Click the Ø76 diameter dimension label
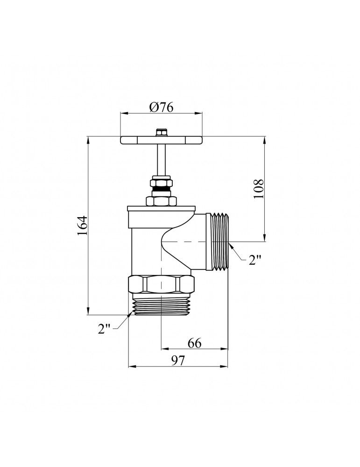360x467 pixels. (162, 107)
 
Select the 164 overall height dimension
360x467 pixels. (83, 225)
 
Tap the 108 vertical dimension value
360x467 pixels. (259, 189)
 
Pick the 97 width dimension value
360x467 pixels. (178, 361)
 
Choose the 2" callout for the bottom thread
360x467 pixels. (104, 328)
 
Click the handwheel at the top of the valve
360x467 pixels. (162, 140)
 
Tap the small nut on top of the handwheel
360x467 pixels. (161, 132)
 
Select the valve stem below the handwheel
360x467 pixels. (161, 160)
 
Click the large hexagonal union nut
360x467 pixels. (161, 285)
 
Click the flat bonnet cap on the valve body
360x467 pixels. (161, 208)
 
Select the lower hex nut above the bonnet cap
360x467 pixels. (161, 201)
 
